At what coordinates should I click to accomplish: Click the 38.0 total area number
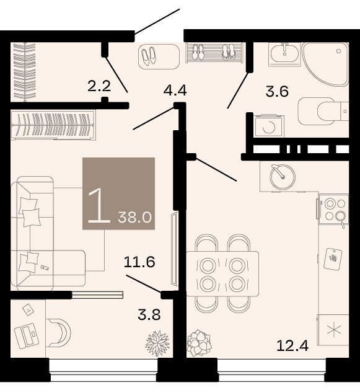click(134, 217)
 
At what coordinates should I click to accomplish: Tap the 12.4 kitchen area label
click(292, 345)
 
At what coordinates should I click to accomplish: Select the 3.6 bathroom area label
click(277, 91)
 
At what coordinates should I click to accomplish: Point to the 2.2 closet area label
click(99, 86)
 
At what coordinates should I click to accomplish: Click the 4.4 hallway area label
click(175, 90)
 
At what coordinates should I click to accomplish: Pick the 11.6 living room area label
click(139, 262)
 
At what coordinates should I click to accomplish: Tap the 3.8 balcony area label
click(149, 314)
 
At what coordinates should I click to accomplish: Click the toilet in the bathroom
click(323, 111)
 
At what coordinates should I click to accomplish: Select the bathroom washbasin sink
click(284, 54)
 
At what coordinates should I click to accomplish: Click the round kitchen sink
click(283, 177)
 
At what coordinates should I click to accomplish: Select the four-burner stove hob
click(333, 210)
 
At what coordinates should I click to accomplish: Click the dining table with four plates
click(222, 274)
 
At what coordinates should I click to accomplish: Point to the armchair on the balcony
click(59, 333)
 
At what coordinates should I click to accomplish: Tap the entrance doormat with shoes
click(159, 56)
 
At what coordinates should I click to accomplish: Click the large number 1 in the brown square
click(99, 205)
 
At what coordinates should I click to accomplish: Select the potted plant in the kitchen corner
click(199, 342)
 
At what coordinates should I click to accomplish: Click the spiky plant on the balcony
click(157, 343)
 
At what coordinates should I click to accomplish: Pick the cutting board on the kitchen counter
click(333, 259)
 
